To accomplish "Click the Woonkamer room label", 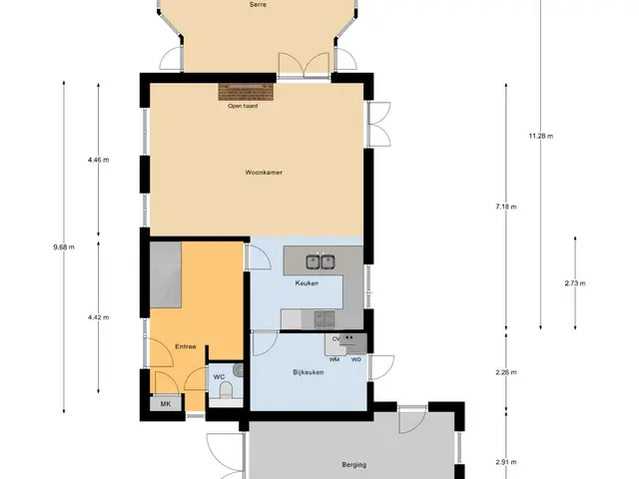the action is [264, 173].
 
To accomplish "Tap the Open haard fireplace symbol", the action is [246, 92].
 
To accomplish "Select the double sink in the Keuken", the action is [320, 261].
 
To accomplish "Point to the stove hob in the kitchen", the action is [324, 319].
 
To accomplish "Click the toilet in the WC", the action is [226, 392].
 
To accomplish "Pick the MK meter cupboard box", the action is [166, 403].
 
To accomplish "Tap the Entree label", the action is [186, 346].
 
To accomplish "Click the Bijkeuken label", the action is [309, 372].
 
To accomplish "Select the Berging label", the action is [353, 465].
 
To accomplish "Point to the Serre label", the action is [258, 4].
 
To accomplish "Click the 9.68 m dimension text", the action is [64, 246].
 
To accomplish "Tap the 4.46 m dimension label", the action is [98, 160].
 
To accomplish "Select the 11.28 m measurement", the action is [541, 136].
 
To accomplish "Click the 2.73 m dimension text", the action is [575, 283].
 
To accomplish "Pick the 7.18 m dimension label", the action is [506, 207].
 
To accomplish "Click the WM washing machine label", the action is [334, 359].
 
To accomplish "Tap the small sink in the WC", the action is [238, 370].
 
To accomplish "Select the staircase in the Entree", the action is [166, 274].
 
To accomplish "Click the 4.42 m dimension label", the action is [98, 317].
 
